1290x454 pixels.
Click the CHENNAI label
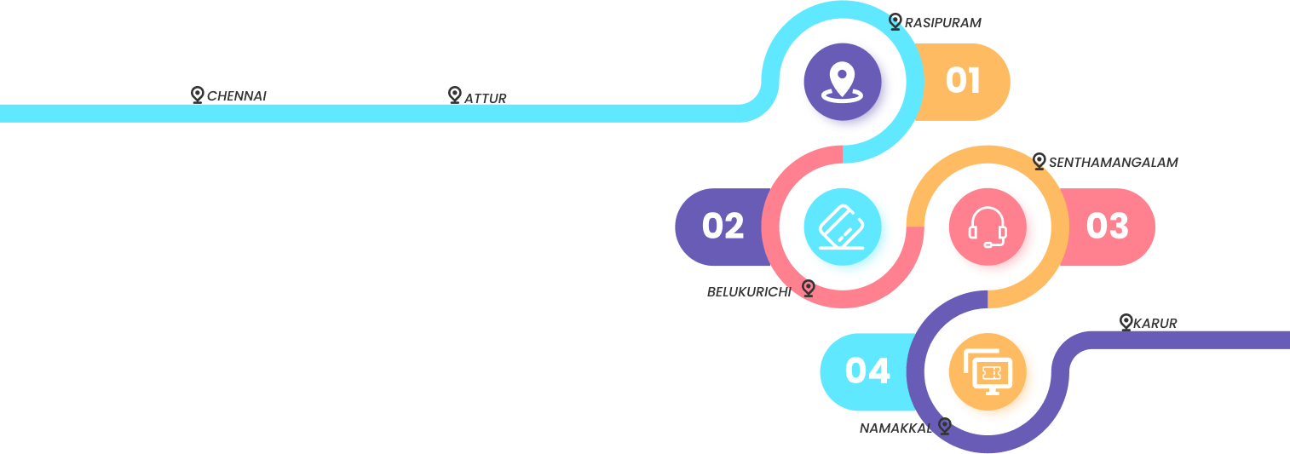(237, 96)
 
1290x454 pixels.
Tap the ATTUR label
(486, 98)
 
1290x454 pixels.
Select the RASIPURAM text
(937, 22)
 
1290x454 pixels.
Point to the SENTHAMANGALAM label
(1113, 162)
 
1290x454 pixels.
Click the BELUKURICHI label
(749, 291)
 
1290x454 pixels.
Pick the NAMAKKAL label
(896, 428)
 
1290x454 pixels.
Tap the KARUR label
(1155, 323)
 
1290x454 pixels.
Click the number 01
(963, 81)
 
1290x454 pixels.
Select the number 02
(723, 227)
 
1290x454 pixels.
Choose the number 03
(1107, 227)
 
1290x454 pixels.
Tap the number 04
(867, 371)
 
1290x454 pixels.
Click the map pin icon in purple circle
(842, 81)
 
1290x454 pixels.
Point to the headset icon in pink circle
(988, 227)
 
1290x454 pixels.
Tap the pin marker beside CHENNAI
(197, 94)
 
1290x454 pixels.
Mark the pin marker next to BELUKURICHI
(808, 288)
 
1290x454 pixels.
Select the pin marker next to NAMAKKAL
(944, 425)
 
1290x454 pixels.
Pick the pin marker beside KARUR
(1126, 321)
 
